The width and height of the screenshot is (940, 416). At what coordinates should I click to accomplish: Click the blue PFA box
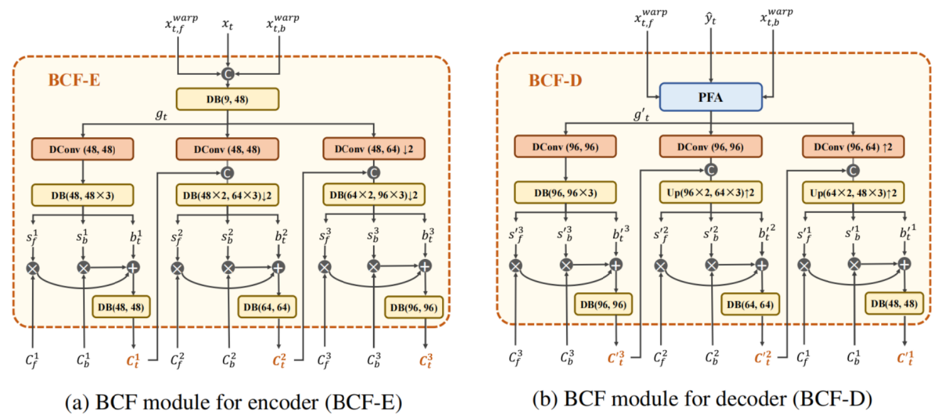pyautogui.click(x=711, y=97)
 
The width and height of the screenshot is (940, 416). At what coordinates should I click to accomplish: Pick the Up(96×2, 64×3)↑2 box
pyautogui.click(x=711, y=193)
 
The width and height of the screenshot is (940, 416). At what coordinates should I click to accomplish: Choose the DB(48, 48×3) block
pyautogui.click(x=83, y=195)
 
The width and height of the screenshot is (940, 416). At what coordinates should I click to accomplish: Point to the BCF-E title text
pyautogui.click(x=74, y=80)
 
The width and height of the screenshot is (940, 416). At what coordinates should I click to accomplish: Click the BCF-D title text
pyautogui.click(x=555, y=80)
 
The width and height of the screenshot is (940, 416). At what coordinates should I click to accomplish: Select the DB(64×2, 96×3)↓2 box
pyautogui.click(x=374, y=195)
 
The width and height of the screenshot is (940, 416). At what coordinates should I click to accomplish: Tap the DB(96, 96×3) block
pyautogui.click(x=565, y=193)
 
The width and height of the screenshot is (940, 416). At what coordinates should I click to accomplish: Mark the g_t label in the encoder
pyautogui.click(x=161, y=115)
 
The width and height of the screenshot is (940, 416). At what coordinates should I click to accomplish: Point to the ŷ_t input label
pyautogui.click(x=711, y=19)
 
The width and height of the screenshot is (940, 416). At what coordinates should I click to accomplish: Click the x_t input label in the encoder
pyautogui.click(x=228, y=24)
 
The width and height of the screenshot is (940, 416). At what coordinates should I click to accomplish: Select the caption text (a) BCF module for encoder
pyautogui.click(x=233, y=402)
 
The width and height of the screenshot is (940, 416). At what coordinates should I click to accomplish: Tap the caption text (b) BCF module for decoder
pyautogui.click(x=702, y=399)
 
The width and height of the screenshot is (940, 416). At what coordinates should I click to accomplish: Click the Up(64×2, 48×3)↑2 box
pyautogui.click(x=853, y=193)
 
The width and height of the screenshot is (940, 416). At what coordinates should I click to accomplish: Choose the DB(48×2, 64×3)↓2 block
pyautogui.click(x=227, y=195)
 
